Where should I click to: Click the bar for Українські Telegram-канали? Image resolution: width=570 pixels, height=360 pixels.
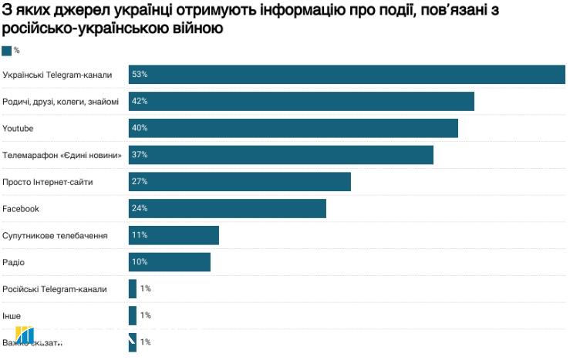pos(347,74)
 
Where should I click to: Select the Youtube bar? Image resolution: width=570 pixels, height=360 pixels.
pos(293,128)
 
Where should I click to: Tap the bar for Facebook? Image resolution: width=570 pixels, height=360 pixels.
pos(228,208)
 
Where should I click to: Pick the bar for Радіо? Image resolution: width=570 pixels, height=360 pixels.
pos(170,262)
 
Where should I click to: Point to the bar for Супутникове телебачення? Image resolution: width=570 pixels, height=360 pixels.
pos(174,235)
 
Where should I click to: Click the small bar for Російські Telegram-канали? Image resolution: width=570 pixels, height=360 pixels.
pos(133,288)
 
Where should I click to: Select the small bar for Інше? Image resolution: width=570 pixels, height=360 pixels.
pos(133,315)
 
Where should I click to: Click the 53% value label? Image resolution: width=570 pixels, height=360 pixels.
pos(140,74)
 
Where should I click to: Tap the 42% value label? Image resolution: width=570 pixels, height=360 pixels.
pos(140,101)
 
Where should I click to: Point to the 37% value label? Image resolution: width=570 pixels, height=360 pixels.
pos(140,155)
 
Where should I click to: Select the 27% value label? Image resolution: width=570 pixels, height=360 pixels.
pos(140,182)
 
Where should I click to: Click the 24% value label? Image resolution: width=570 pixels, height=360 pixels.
pos(140,208)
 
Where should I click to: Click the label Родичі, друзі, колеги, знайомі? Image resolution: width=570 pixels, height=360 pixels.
pos(61,101)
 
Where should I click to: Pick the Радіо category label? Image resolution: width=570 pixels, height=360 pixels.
pos(14,262)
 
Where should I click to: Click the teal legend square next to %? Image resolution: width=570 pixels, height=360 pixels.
pos(7,51)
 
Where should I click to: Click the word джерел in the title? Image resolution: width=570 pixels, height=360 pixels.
pos(83,11)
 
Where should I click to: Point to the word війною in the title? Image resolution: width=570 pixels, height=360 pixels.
pos(201,29)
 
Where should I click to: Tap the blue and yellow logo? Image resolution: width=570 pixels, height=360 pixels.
pos(25,336)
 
